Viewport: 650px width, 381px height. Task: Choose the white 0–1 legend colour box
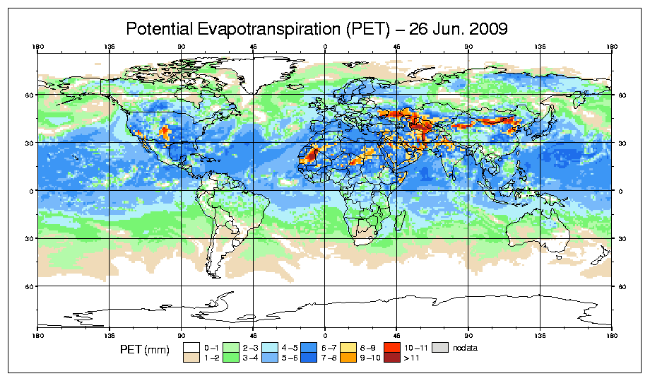(x=191, y=347)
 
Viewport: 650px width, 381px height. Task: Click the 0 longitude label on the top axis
(x=325, y=48)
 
